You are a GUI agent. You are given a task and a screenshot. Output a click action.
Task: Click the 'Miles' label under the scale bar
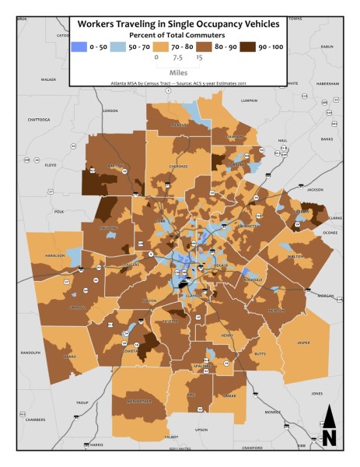click(177, 70)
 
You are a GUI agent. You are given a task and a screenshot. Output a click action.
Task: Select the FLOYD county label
click(51, 165)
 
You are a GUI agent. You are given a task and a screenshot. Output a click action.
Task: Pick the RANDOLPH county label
click(30, 352)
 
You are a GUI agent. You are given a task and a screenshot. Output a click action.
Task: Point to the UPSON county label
click(201, 430)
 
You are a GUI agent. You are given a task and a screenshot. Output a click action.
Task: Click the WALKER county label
click(48, 79)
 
